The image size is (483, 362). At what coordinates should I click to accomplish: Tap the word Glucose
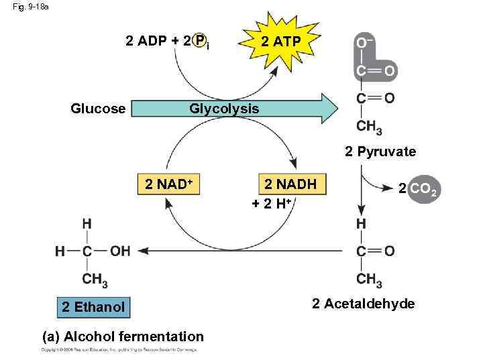(99, 109)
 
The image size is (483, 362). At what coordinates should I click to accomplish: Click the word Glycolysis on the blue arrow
(224, 109)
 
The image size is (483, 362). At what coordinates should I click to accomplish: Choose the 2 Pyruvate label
(380, 152)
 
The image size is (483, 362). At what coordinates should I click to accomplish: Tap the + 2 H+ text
(271, 204)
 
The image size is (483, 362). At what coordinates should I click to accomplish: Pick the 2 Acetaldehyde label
(363, 304)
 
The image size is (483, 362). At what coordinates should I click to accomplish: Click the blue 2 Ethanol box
(93, 307)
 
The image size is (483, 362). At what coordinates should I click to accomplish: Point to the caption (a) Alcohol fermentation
(123, 337)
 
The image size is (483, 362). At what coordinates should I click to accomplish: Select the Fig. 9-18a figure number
(31, 7)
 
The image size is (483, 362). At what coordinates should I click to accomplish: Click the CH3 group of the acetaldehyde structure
(369, 280)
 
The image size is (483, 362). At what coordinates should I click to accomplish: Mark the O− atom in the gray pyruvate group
(364, 44)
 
